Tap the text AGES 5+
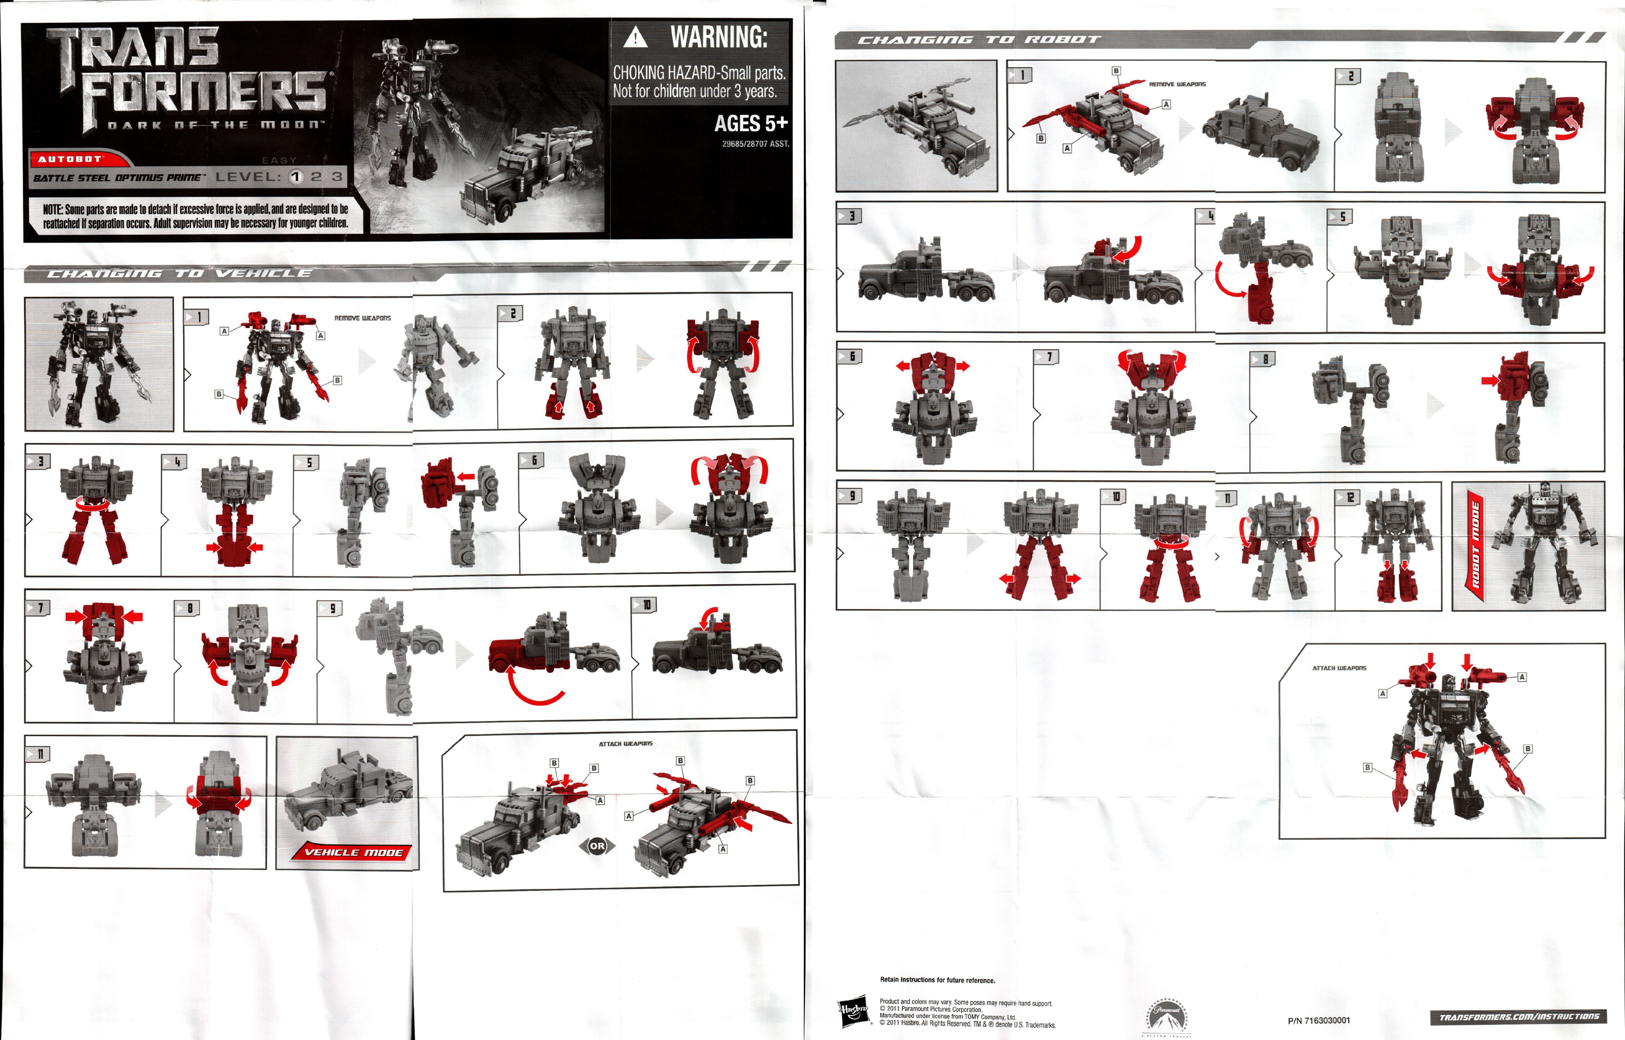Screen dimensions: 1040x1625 [751, 123]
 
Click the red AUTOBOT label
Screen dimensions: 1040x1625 [70, 159]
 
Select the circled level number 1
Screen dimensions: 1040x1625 [296, 177]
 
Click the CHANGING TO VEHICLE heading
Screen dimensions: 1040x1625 [180, 273]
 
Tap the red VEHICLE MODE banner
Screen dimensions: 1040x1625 [353, 852]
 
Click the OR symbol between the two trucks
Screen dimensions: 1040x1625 [597, 846]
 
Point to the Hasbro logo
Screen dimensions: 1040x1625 [853, 1011]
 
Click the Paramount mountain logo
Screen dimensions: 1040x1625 [1166, 1016]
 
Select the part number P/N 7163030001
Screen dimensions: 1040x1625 [1318, 1021]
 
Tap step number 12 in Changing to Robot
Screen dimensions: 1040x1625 [1349, 498]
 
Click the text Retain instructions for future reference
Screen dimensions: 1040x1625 [937, 980]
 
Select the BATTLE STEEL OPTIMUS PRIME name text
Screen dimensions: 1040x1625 [118, 178]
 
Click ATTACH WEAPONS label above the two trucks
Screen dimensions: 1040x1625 [625, 743]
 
